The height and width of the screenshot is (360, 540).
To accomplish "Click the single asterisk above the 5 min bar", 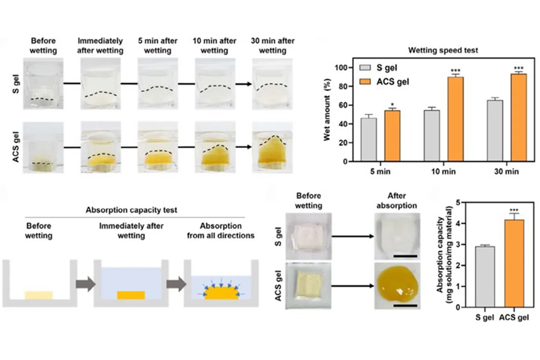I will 392,105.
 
